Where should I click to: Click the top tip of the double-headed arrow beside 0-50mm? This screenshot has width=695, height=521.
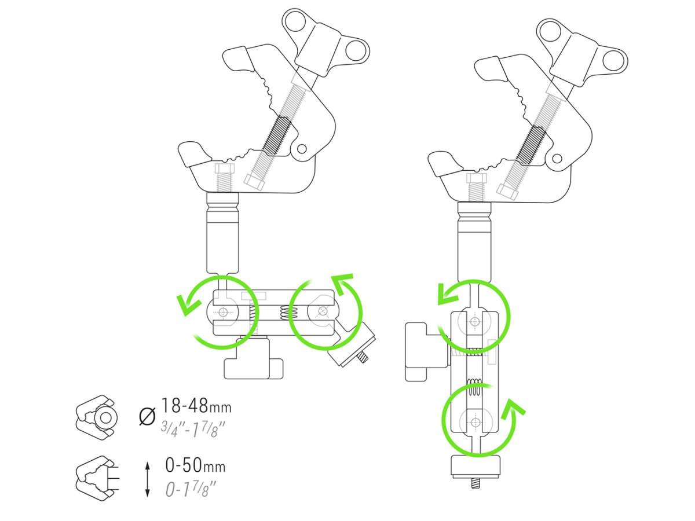click(147, 462)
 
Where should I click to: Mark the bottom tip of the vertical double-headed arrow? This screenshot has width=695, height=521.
click(147, 497)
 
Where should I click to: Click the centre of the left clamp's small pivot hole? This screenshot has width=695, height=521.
click(302, 148)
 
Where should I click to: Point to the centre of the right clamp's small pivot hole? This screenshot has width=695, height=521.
click(557, 159)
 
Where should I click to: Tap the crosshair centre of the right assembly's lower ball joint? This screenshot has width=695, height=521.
click(475, 423)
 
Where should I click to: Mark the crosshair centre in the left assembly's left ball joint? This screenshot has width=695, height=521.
click(223, 312)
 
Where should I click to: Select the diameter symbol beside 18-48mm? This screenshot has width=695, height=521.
click(147, 416)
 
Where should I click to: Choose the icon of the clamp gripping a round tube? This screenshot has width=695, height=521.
click(96, 417)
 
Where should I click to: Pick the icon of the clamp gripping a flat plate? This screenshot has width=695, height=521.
click(97, 478)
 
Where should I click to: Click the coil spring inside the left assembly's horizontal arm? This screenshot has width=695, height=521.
click(289, 312)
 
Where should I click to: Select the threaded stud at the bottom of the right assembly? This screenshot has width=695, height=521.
click(475, 483)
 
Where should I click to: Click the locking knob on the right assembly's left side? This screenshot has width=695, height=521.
click(426, 352)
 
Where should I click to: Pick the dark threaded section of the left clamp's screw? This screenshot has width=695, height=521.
click(277, 136)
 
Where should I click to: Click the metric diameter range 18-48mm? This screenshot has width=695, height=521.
click(196, 406)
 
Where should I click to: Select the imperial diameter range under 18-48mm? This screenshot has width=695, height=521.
click(192, 428)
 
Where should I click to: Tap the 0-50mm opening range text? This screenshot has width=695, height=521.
click(195, 465)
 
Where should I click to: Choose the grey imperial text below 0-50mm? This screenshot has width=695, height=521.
click(191, 489)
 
